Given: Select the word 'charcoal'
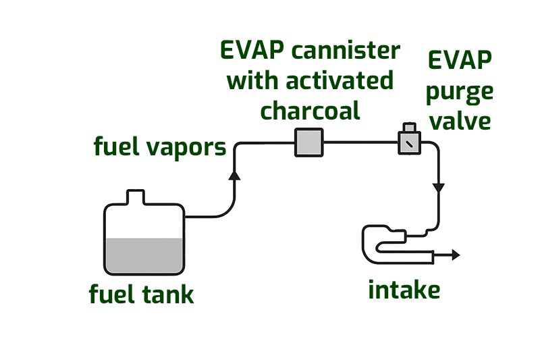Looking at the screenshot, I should [x=310, y=111].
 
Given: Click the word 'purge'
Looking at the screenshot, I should [x=459, y=93].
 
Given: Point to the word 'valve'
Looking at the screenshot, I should [x=459, y=122].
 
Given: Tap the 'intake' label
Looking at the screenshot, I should [x=404, y=290].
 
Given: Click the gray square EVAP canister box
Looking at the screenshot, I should [x=309, y=143].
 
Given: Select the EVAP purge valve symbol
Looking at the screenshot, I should [x=409, y=143].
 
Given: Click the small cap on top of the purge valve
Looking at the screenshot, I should [x=409, y=127].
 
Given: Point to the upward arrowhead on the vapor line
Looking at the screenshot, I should [x=234, y=175].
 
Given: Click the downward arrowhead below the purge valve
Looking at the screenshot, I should [x=438, y=187].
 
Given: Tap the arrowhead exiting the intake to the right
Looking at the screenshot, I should [x=456, y=255].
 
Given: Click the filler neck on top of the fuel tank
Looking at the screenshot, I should [x=136, y=197].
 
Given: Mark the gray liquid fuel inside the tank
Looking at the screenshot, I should [x=144, y=255].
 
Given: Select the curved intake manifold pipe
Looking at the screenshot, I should [x=375, y=245].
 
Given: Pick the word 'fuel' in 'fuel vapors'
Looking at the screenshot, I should [x=117, y=147].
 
